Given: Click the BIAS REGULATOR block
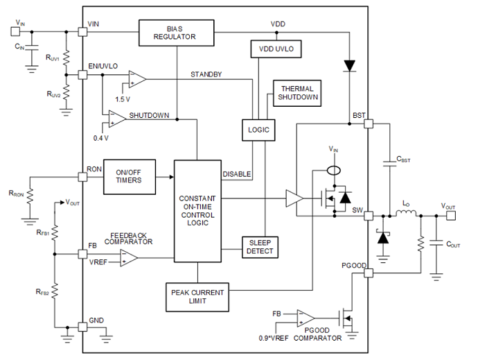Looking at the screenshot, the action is click(x=176, y=33).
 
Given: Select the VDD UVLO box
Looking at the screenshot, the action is click(x=276, y=49).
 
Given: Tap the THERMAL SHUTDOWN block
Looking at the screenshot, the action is click(x=297, y=93).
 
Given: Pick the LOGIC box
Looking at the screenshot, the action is click(x=258, y=130).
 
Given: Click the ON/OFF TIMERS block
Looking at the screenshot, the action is click(x=130, y=177).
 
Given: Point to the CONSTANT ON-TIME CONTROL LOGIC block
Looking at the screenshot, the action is click(x=197, y=211).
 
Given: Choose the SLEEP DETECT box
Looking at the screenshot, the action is click(x=260, y=247).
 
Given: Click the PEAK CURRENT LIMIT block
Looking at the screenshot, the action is click(x=197, y=297).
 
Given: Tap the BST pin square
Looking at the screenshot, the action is click(x=369, y=123).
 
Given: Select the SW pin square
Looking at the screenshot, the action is click(x=369, y=216).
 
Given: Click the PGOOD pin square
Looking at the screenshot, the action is click(x=369, y=273).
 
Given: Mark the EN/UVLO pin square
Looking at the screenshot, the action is click(x=82, y=75).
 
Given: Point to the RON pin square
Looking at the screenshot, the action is click(x=82, y=177).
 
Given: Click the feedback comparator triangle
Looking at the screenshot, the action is click(x=129, y=258).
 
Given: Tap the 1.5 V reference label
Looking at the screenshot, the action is click(x=123, y=99).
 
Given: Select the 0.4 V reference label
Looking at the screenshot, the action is click(x=101, y=138).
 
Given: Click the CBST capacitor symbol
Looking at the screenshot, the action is click(x=389, y=164).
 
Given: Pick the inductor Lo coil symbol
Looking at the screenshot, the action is click(x=406, y=213).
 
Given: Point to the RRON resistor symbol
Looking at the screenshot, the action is click(x=30, y=196).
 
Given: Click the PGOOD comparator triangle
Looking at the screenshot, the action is click(x=306, y=318).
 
